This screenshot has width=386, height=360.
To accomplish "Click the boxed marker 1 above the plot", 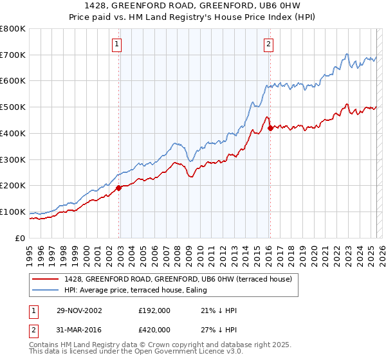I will [116, 44].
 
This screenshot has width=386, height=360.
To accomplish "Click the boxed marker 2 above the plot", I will [268, 44].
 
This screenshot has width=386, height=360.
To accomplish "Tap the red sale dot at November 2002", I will [119, 188].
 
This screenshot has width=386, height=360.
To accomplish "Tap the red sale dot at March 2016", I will [270, 128].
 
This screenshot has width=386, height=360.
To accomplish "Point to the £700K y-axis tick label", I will [13, 55].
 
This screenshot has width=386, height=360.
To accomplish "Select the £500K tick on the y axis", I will [13, 107].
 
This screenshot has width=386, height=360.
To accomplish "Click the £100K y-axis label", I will [13, 212].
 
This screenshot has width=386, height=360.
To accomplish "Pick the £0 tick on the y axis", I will [21, 238].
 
